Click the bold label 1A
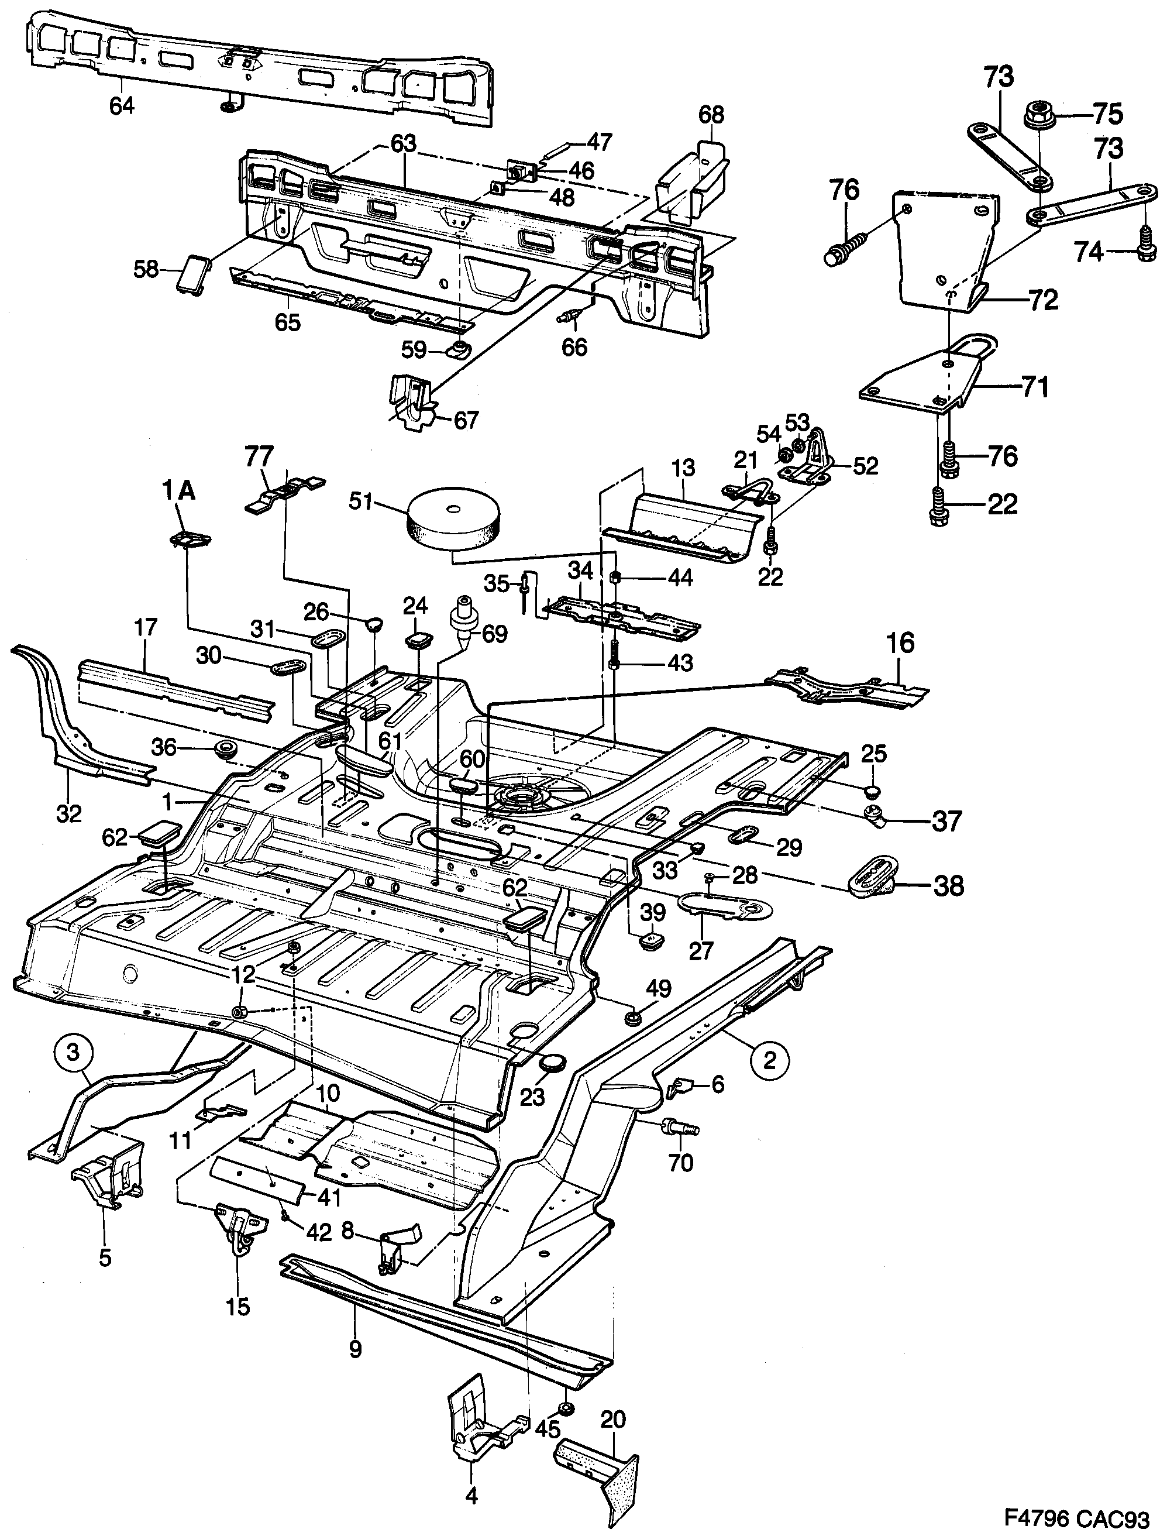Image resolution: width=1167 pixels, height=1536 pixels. click(179, 491)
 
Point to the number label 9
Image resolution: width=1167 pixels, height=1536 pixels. click(355, 1349)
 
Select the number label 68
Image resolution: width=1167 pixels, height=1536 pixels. click(711, 114)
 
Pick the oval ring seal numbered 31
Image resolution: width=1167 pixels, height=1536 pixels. click(325, 639)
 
